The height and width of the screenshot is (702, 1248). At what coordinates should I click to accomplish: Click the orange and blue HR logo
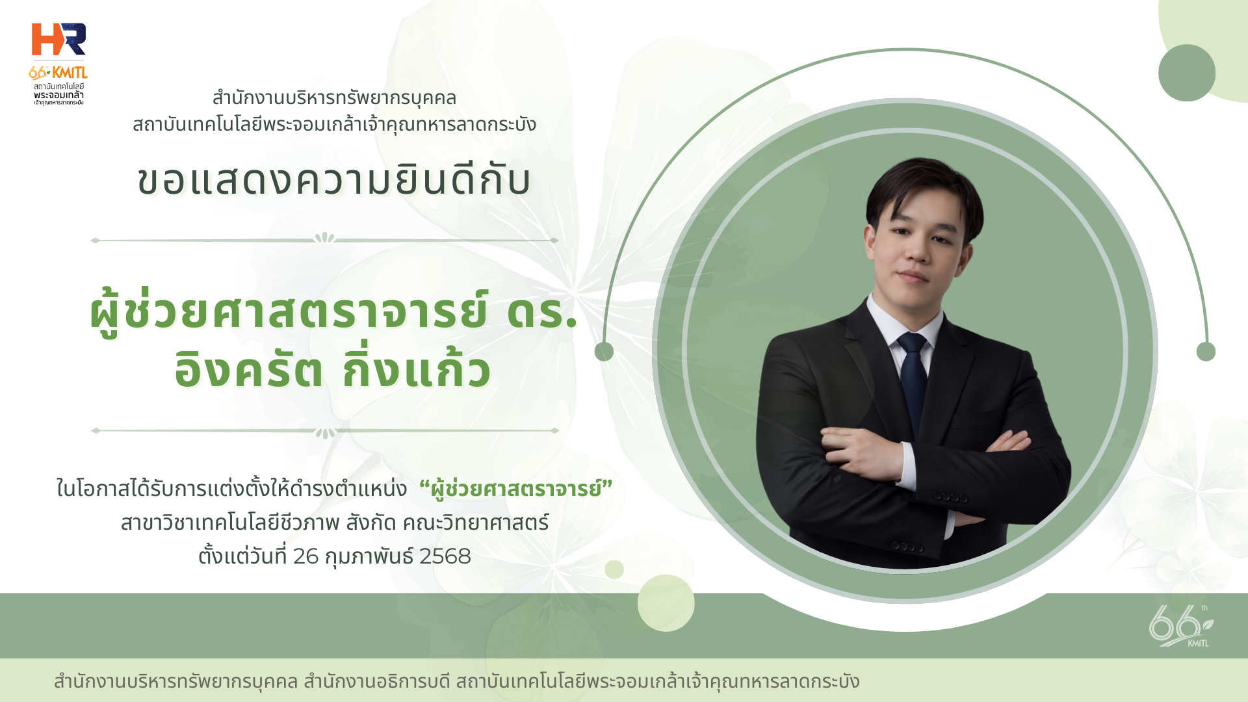pyautogui.click(x=58, y=40)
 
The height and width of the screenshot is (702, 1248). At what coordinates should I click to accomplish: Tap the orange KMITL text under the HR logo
pyautogui.click(x=69, y=72)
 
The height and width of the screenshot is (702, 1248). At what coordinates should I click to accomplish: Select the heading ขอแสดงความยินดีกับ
pyautogui.click(x=334, y=180)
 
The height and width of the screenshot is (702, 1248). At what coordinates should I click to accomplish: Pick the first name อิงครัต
pyautogui.click(x=248, y=370)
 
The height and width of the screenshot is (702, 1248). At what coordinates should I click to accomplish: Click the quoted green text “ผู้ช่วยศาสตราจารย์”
pyautogui.click(x=516, y=489)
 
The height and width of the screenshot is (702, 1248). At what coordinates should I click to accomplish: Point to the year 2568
pyautogui.click(x=445, y=556)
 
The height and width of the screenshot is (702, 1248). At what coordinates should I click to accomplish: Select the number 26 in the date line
pyautogui.click(x=305, y=556)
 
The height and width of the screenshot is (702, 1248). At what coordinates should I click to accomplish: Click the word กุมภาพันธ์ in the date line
pyautogui.click(x=369, y=556)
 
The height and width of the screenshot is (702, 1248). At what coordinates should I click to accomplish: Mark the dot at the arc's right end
pyautogui.click(x=1206, y=352)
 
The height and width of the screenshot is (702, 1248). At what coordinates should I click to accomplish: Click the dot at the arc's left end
pyautogui.click(x=604, y=352)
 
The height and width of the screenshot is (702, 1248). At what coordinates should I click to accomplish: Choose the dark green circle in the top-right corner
pyautogui.click(x=1187, y=73)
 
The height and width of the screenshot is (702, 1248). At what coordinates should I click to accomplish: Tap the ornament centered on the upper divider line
pyautogui.click(x=324, y=239)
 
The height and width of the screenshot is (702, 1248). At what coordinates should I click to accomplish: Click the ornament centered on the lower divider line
pyautogui.click(x=325, y=432)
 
